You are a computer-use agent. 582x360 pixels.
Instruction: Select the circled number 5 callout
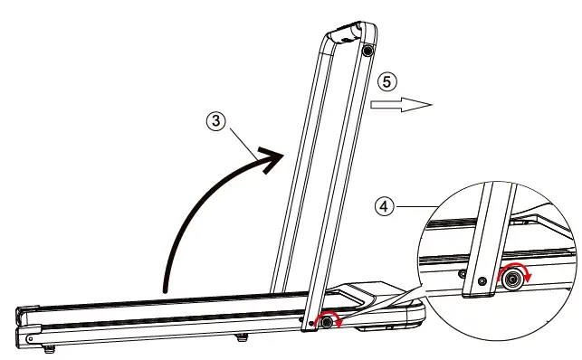387,81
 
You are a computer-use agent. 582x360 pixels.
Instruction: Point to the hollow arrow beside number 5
401,105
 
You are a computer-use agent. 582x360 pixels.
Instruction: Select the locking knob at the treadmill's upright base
327,321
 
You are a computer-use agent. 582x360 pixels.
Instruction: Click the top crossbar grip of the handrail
346,37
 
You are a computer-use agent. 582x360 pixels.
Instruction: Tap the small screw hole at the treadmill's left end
33,337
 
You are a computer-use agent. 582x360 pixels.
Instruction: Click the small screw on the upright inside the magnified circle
481,281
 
